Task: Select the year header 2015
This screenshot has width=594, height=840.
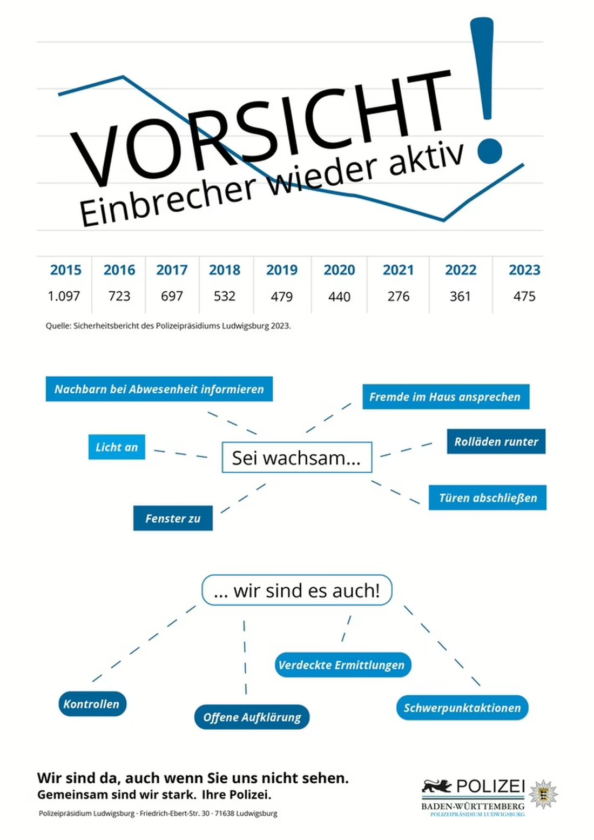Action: tap(66, 270)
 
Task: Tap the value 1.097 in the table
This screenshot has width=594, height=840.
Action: tap(64, 296)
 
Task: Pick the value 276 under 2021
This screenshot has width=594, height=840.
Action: tap(399, 296)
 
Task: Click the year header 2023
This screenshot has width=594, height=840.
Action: tap(524, 270)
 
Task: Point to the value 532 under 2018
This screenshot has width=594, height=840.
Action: tap(225, 296)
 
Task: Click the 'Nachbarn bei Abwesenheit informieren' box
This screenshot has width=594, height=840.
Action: tap(159, 389)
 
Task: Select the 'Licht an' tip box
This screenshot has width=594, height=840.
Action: tap(117, 447)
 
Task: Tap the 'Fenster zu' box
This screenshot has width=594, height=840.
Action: tap(173, 518)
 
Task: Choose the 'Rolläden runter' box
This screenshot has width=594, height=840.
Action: tap(496, 441)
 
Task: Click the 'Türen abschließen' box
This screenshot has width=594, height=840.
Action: tap(488, 498)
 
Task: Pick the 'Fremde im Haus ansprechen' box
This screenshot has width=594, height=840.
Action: tap(446, 397)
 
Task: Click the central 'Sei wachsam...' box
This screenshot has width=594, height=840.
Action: tap(296, 458)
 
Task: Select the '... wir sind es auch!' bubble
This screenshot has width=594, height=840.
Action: tap(296, 590)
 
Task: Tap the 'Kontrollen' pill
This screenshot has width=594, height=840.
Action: tap(92, 704)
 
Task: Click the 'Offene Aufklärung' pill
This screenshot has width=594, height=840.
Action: tap(252, 717)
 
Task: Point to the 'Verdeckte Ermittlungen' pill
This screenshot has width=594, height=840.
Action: tap(342, 664)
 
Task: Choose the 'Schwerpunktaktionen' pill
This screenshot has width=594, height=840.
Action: tap(462, 708)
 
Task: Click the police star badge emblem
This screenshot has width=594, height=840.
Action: tap(543, 794)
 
